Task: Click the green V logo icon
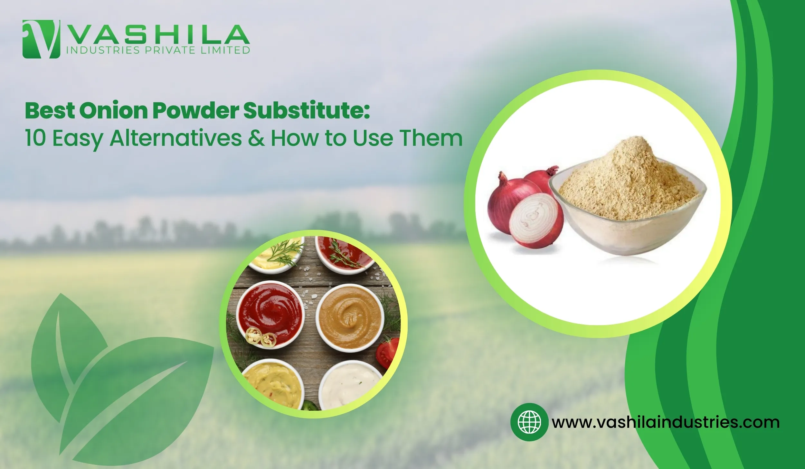point(41,39)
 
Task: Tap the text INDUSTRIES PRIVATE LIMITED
point(158,51)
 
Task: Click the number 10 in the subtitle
point(35,138)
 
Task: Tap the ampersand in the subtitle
point(256,138)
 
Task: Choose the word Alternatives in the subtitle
point(176,138)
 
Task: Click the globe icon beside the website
point(529,422)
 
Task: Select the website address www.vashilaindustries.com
point(666,422)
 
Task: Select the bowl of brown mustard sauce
point(350,318)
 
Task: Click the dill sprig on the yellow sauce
point(283,252)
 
